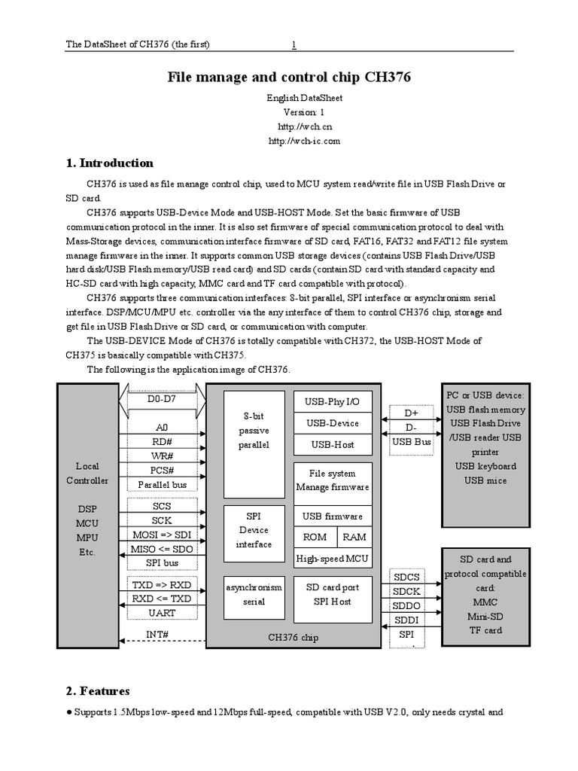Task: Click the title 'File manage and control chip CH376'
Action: tap(289, 78)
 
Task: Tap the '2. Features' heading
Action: tap(98, 690)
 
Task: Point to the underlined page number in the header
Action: tap(294, 44)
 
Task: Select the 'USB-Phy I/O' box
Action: tap(333, 402)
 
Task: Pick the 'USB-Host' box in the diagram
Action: tap(333, 444)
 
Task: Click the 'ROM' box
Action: tap(315, 537)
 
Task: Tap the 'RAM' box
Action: tap(354, 537)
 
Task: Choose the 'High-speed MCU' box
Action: tap(333, 558)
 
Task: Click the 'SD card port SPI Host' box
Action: tap(333, 595)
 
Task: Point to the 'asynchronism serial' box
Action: tap(254, 595)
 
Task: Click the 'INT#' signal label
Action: tap(157, 634)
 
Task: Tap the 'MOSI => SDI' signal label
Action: tap(162, 535)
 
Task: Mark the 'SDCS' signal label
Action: tap(406, 577)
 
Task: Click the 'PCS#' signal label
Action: tap(162, 471)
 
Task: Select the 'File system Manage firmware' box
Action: tap(333, 480)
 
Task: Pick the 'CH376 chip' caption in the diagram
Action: tap(294, 638)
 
